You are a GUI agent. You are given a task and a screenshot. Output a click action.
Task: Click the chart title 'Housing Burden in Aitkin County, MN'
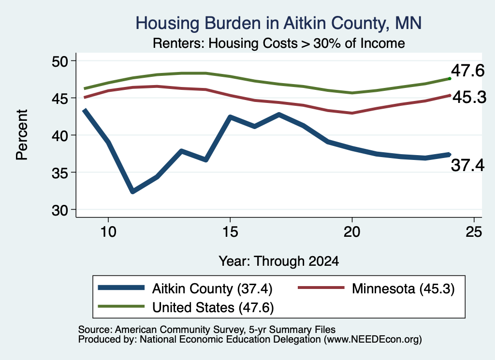278,23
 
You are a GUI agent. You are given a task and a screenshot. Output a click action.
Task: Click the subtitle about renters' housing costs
279,43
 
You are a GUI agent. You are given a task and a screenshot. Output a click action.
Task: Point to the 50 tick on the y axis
60,61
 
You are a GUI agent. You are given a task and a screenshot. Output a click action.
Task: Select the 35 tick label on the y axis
60,173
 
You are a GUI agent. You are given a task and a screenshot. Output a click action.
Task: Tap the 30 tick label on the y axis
60,210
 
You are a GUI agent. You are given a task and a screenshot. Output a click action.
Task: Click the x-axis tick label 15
230,232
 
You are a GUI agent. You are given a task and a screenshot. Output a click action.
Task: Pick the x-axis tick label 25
474,232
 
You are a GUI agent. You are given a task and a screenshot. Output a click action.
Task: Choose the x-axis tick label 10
108,232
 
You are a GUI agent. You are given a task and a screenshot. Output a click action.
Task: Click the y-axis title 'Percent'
22,135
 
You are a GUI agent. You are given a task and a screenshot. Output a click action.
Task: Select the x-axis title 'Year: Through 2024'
279,261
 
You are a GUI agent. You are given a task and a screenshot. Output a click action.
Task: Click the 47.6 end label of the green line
467,71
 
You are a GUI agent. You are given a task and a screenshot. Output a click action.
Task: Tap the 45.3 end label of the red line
469,97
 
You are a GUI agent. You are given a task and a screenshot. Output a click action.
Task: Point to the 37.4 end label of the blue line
467,165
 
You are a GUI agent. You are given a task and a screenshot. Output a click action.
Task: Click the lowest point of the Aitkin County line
133,191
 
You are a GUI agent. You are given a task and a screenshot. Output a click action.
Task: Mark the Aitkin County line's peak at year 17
279,115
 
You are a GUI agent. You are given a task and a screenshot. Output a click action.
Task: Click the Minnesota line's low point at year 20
352,113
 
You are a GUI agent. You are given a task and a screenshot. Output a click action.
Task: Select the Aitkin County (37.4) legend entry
185,288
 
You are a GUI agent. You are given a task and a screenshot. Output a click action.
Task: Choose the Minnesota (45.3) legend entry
376,288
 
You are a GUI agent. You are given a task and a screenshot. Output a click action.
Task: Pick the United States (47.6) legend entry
186,307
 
